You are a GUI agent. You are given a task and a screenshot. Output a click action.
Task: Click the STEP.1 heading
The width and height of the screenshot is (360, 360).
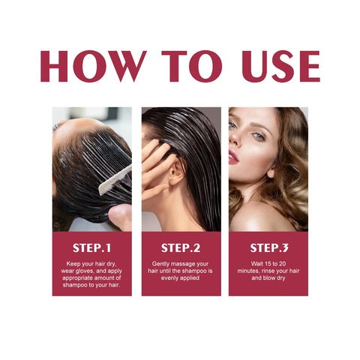click(x=91, y=247)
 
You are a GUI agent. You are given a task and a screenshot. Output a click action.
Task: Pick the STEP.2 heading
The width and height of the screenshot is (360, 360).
click(x=180, y=247)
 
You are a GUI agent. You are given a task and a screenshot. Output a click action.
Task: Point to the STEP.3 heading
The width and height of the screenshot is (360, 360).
click(x=268, y=247)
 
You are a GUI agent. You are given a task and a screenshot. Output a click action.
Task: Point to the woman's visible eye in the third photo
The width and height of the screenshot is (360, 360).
click(x=257, y=136)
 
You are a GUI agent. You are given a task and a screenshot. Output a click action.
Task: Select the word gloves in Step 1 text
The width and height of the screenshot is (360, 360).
click(x=88, y=271)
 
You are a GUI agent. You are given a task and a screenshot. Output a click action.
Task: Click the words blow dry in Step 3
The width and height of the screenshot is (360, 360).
click(x=274, y=278)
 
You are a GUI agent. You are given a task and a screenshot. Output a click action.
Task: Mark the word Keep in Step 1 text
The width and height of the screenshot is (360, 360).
click(x=74, y=263)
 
